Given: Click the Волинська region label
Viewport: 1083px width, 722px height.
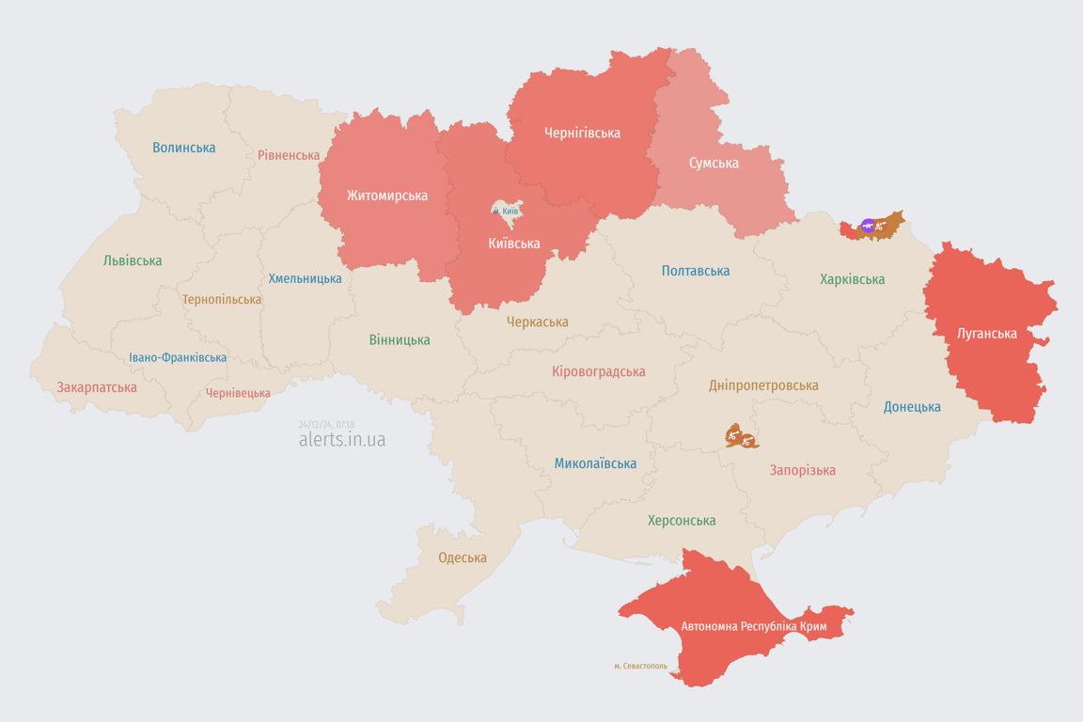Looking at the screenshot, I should pos(184,148).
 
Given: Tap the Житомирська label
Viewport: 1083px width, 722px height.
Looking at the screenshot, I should pos(387,196).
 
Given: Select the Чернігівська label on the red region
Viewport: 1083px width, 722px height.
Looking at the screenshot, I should pos(582,133).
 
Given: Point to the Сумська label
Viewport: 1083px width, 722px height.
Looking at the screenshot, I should pos(714,163).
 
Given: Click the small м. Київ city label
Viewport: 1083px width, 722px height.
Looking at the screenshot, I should pos(506,212).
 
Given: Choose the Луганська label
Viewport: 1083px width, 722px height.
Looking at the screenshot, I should pos(986,333).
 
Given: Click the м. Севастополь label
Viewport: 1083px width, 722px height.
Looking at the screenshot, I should pos(640,666).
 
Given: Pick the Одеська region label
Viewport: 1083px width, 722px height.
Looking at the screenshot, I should pos(463,557).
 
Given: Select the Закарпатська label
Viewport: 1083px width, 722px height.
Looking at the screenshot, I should pos(97,387).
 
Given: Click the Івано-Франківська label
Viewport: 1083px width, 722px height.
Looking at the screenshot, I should pos(178,358).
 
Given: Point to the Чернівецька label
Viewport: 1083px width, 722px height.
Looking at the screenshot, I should pos(238,393).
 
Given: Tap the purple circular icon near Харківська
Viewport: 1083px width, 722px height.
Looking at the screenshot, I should pos(868,226).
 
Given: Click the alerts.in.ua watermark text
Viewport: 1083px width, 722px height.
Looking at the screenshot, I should pos(342,440).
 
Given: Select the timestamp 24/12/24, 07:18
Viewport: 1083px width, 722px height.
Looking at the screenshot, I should pos(326,425).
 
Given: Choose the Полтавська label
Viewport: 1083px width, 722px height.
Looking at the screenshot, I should pos(696,271).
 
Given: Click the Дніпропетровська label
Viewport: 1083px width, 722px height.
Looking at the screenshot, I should pos(763,385).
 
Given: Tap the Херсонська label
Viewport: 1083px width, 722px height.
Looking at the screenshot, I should pos(682,520).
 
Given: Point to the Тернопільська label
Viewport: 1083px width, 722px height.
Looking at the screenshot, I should pos(222,299).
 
